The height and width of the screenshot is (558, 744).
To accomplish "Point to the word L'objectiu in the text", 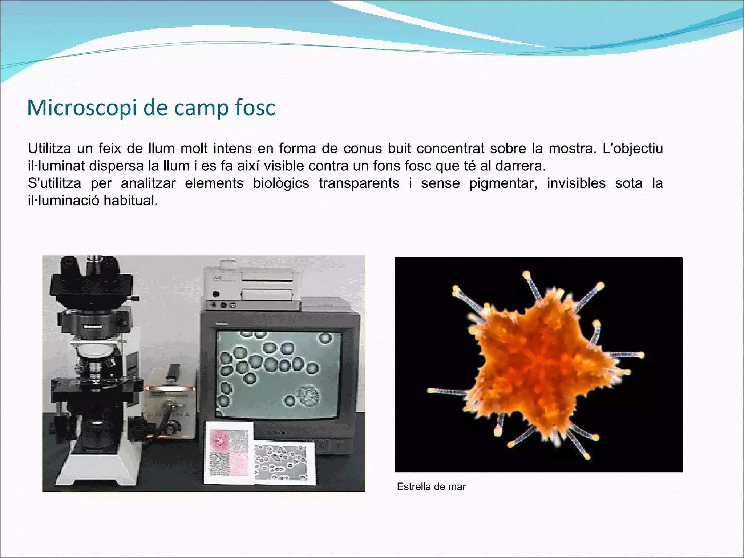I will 633,149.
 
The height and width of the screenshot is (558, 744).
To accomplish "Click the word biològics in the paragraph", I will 281,183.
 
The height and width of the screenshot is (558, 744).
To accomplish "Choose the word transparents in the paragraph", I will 359,183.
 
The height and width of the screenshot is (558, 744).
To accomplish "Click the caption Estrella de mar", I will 431,487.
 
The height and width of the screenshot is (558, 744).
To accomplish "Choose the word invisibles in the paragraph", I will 576,183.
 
